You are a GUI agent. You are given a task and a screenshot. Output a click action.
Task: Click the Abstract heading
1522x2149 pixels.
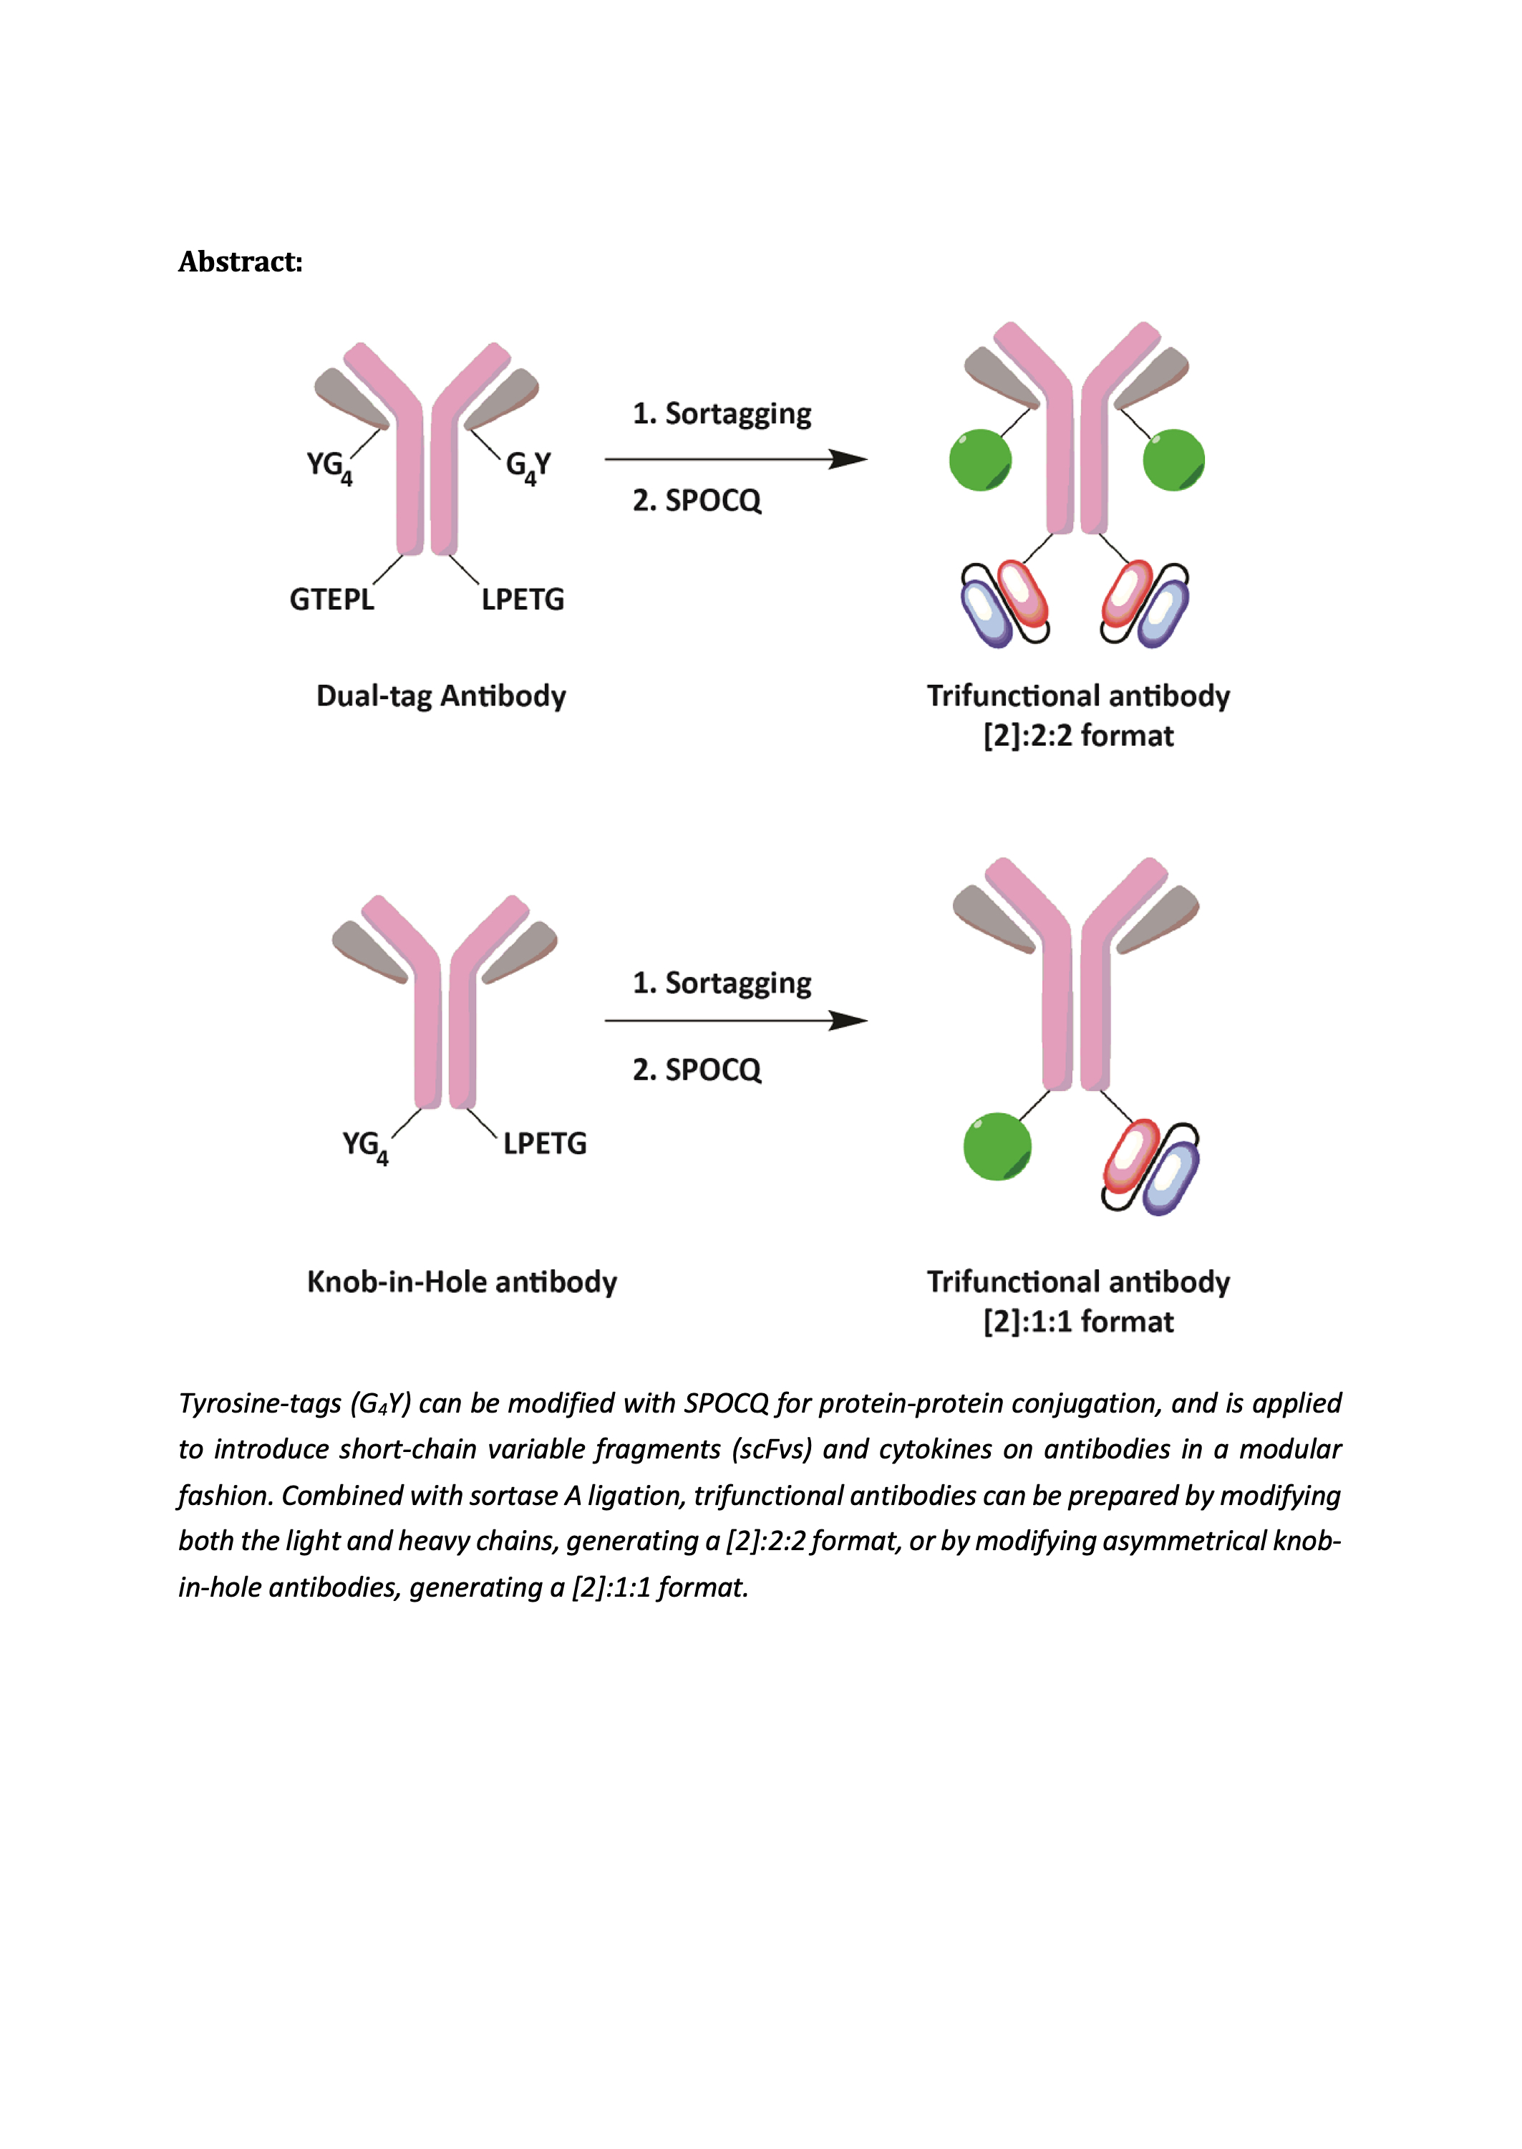point(241,261)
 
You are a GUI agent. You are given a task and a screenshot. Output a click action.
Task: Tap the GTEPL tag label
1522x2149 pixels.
point(331,599)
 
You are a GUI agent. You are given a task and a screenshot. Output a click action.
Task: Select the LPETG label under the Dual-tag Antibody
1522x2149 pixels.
point(523,599)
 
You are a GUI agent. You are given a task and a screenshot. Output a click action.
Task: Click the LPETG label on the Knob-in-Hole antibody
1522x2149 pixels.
point(545,1143)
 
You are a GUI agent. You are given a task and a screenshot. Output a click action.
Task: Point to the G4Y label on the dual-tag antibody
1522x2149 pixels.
point(528,467)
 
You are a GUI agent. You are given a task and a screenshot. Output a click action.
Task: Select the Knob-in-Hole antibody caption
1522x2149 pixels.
point(462,1282)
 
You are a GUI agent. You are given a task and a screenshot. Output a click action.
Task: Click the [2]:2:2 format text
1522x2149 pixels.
point(1077,736)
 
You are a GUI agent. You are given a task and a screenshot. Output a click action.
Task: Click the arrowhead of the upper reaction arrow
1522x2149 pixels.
point(848,459)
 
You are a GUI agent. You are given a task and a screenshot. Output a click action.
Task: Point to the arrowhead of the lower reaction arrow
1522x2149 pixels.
point(848,1020)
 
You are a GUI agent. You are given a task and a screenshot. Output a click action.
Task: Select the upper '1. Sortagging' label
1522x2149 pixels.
point(722,413)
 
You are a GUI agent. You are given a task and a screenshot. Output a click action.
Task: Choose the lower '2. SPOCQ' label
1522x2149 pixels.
point(697,1069)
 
